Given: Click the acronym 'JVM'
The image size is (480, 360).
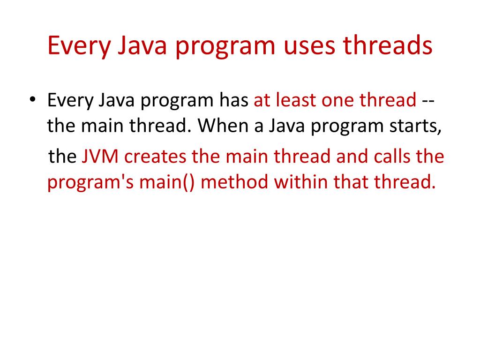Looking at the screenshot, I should coord(100,156).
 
